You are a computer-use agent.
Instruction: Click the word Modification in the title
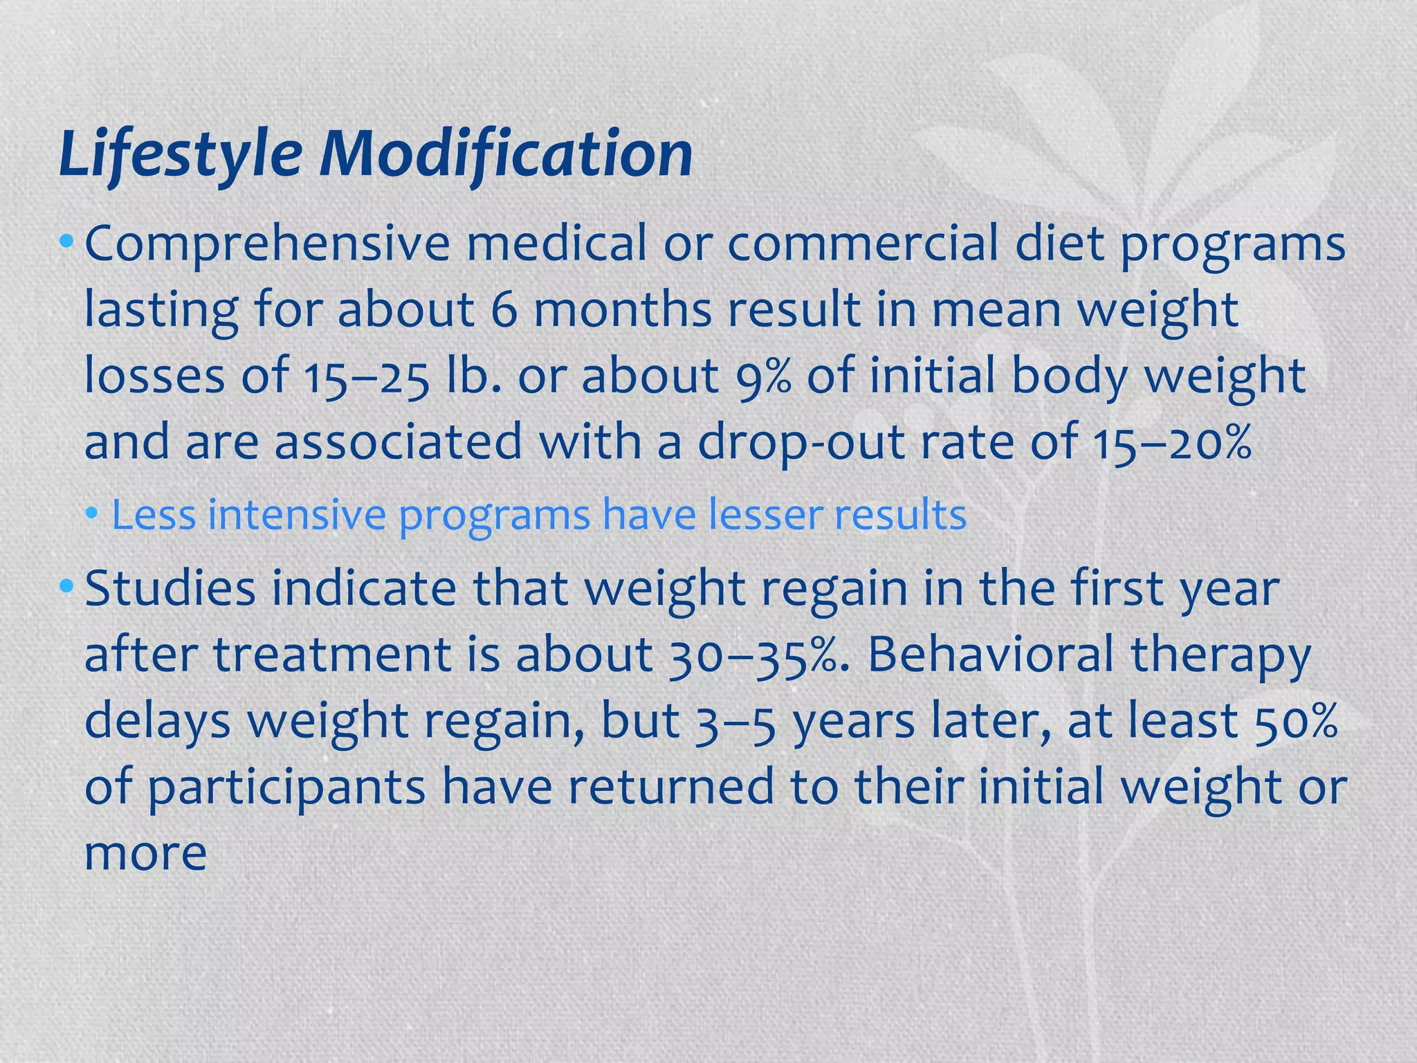505,154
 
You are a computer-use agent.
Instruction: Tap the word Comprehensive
267,245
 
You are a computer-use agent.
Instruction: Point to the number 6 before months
504,310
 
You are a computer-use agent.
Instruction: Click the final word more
145,853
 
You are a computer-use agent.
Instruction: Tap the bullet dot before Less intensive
92,516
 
